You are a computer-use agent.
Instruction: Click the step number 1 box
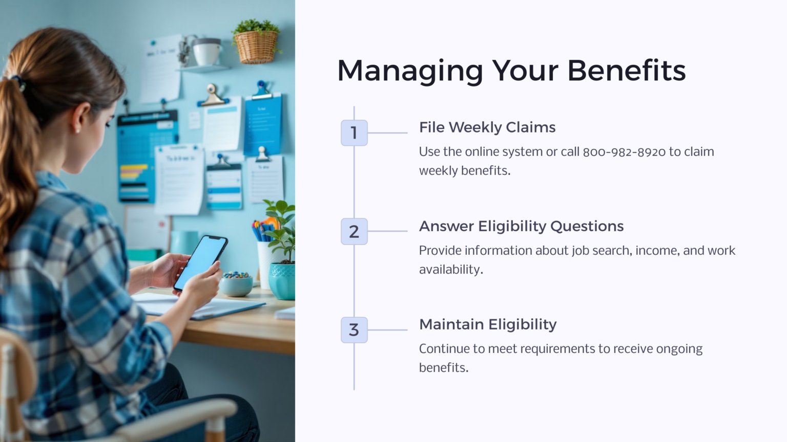pyautogui.click(x=354, y=133)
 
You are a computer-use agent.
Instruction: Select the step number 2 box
pyautogui.click(x=354, y=231)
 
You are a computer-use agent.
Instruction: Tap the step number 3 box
pyautogui.click(x=354, y=330)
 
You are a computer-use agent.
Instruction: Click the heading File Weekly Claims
pyautogui.click(x=487, y=127)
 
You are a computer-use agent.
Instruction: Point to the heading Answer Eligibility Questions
pyautogui.click(x=521, y=226)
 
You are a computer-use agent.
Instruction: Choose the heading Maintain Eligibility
pyautogui.click(x=487, y=324)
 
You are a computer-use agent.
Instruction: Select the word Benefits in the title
pyautogui.click(x=626, y=71)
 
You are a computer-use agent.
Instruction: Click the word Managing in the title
pyautogui.click(x=410, y=72)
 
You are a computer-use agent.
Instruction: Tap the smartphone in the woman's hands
pyautogui.click(x=200, y=262)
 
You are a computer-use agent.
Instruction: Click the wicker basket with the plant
pyautogui.click(x=256, y=46)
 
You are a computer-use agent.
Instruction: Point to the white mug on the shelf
pyautogui.click(x=207, y=52)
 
